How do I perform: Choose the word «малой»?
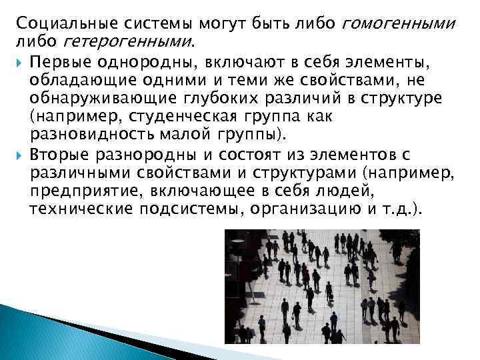[x=183, y=136]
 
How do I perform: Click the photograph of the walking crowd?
[x=322, y=286]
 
